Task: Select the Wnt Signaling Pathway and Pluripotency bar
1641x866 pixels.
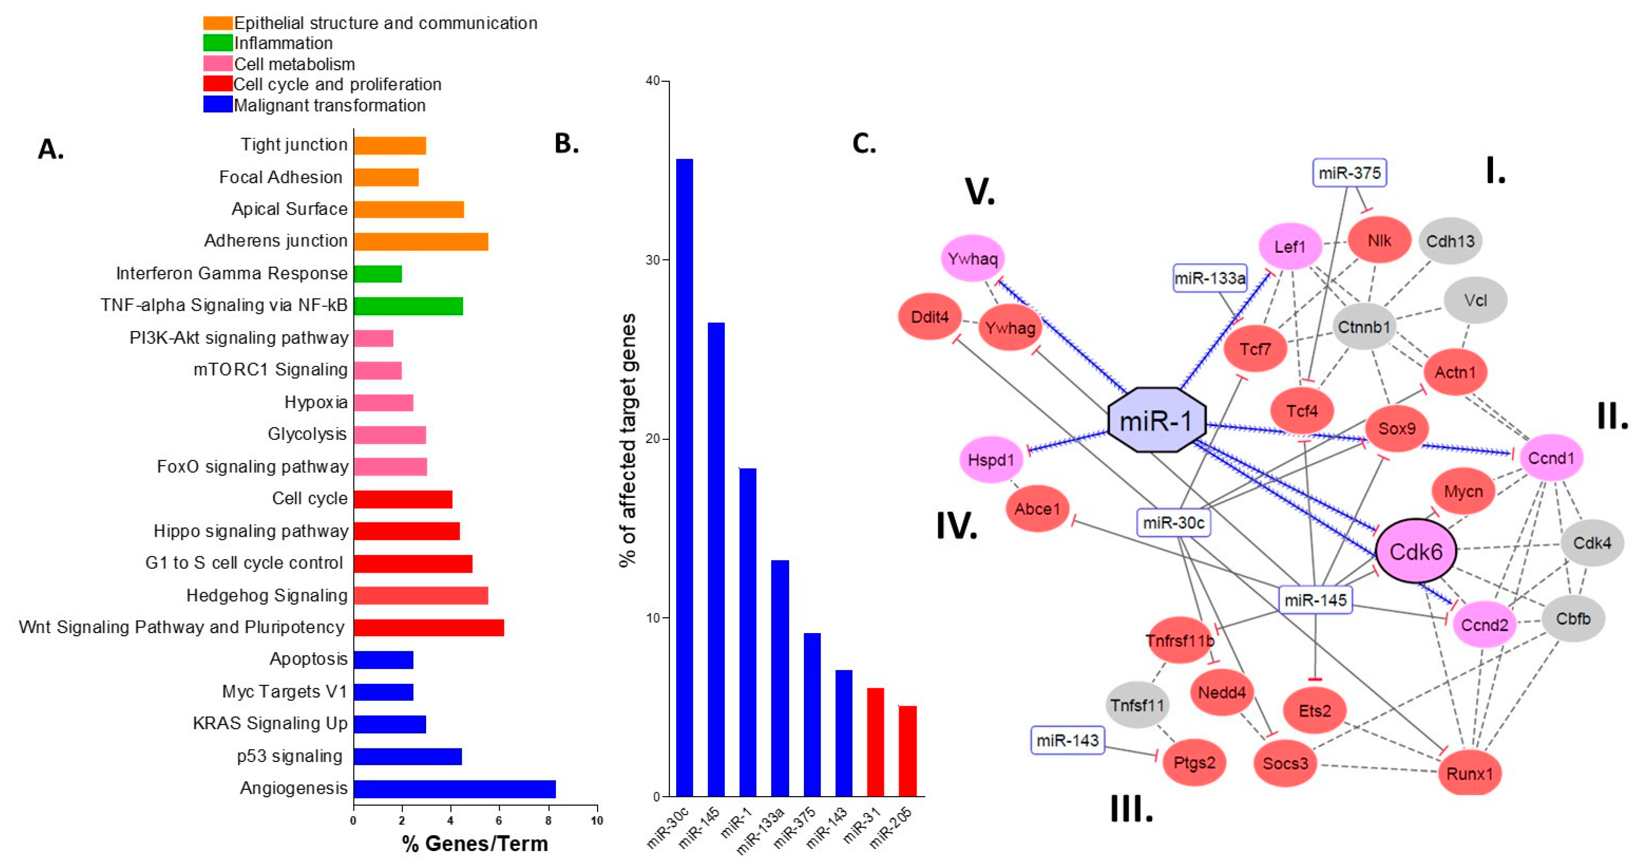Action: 429,627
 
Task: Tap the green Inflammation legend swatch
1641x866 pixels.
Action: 217,43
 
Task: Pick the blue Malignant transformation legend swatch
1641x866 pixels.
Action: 217,105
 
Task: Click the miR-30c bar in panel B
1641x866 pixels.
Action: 684,477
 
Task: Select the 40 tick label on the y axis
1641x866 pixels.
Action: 653,81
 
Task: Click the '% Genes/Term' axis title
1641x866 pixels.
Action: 475,843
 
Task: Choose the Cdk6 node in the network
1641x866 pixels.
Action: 1415,552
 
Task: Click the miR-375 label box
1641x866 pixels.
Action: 1349,173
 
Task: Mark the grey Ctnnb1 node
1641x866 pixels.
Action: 1363,327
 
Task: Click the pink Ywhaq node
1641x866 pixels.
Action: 973,259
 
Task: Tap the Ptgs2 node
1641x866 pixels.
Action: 1194,762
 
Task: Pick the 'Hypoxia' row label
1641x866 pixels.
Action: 316,403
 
